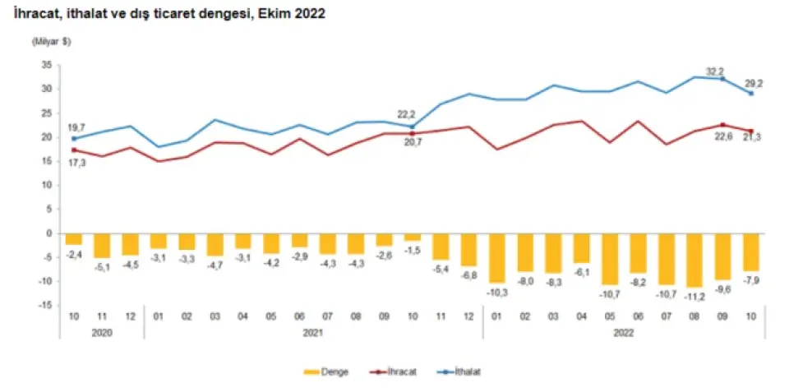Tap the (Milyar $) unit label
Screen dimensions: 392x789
52,41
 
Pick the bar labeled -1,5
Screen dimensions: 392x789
412,238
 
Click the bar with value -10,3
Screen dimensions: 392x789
497,258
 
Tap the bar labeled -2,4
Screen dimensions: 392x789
73,239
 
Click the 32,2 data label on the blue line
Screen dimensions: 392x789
713,71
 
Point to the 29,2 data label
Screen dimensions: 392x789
754,83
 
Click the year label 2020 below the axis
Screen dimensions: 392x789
101,334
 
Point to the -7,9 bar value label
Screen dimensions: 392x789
750,280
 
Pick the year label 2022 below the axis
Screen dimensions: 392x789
624,334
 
